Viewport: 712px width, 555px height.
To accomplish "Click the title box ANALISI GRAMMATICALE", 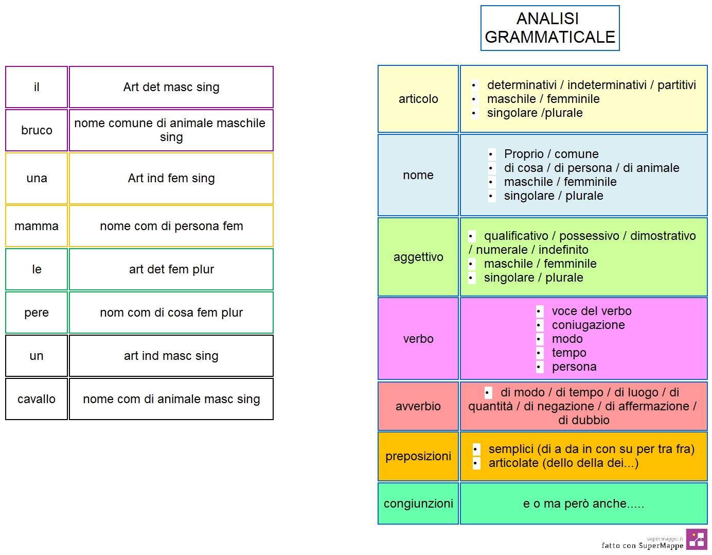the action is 550,28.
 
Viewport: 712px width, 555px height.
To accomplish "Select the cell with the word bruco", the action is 37,130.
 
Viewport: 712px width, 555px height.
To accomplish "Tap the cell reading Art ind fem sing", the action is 171,178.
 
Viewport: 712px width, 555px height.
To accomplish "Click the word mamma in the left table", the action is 37,226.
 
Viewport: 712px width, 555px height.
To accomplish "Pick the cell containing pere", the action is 37,313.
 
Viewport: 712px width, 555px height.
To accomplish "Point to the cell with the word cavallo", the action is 37,399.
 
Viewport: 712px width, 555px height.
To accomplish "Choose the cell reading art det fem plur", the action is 171,269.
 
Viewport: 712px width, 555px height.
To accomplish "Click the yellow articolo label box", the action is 418,99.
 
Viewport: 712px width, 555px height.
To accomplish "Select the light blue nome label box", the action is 418,175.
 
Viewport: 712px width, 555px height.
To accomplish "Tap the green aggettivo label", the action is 418,257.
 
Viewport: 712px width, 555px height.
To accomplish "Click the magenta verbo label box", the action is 418,339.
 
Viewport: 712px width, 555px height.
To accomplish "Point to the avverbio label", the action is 418,406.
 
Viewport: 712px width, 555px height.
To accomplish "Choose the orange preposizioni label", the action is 418,456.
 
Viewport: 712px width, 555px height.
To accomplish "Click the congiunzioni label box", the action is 418,504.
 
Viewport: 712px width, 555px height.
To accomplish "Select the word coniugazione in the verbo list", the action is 588,325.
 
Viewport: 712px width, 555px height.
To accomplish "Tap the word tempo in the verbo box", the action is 569,353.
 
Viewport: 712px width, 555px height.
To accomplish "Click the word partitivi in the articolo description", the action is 677,85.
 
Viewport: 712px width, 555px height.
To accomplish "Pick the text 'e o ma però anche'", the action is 575,504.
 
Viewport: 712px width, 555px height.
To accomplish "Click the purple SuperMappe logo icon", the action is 697,539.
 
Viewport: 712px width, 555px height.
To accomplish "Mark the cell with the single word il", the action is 37,87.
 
